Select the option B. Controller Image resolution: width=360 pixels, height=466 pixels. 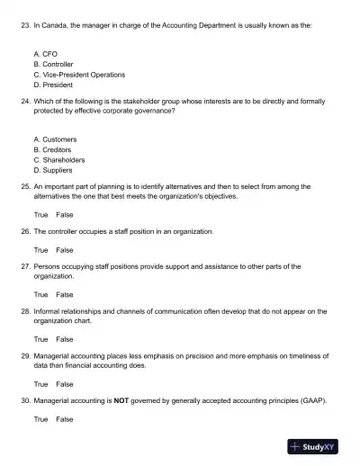click(53, 65)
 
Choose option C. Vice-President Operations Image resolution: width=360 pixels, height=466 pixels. click(78, 75)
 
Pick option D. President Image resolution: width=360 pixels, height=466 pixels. click(52, 85)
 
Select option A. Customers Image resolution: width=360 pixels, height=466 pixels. click(55, 139)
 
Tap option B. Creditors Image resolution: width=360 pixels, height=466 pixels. click(53, 149)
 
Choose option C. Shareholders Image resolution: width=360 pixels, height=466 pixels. click(58, 159)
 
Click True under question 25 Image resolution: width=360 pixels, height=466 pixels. click(41, 215)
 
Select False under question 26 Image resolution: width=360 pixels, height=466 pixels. click(65, 250)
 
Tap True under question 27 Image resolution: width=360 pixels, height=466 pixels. click(41, 294)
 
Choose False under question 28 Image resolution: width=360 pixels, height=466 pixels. click(65, 339)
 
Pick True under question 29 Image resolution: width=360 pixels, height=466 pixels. click(41, 384)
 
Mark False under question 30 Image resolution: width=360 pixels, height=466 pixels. click(65, 419)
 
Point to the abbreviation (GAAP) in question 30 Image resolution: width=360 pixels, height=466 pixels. click(310, 400)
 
